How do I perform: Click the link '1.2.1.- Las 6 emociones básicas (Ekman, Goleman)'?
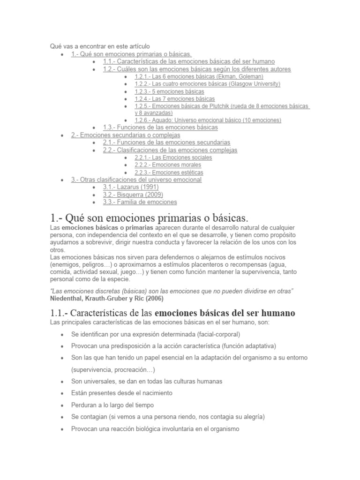pyautogui.click(x=199, y=76)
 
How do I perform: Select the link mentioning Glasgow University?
pyautogui.click(x=207, y=84)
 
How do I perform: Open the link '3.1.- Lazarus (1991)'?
pyautogui.click(x=131, y=187)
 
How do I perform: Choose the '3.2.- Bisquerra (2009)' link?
pyautogui.click(x=133, y=195)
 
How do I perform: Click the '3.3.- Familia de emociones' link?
pyautogui.click(x=140, y=202)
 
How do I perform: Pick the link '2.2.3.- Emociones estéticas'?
pyautogui.click(x=169, y=172)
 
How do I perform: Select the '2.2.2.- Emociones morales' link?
pyautogui.click(x=168, y=165)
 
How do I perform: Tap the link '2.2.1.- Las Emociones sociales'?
pyautogui.click(x=173, y=157)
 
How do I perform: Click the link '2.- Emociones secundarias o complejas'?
pyautogui.click(x=126, y=135)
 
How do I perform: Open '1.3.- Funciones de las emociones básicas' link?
pyautogui.click(x=160, y=127)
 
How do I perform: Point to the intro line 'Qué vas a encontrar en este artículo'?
pyautogui.click(x=100, y=46)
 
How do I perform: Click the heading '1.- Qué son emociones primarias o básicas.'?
pyautogui.click(x=148, y=218)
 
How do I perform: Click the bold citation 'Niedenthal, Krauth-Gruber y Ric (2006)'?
pyautogui.click(x=107, y=298)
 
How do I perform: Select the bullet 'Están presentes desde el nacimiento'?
pyautogui.click(x=122, y=393)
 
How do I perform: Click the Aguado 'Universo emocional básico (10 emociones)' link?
pyautogui.click(x=208, y=120)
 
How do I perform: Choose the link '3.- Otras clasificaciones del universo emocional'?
pyautogui.click(x=136, y=180)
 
